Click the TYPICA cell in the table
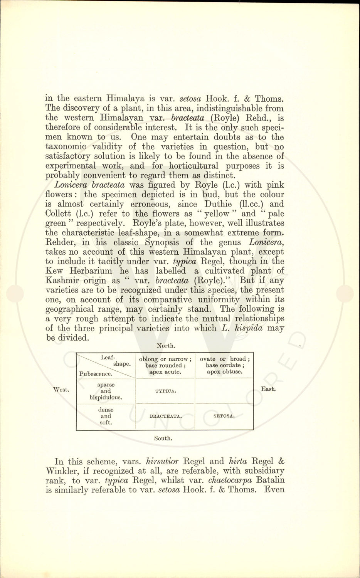point(166,391)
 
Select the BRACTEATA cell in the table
point(166,416)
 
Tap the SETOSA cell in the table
point(224,416)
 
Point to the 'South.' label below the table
point(163,438)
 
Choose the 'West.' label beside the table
point(61,390)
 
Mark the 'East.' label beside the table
point(268,389)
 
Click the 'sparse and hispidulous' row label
point(106,391)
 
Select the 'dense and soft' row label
point(106,416)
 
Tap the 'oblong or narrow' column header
point(165,365)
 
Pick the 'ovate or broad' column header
point(224,365)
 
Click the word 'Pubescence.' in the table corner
point(96,374)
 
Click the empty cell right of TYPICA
point(224,391)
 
